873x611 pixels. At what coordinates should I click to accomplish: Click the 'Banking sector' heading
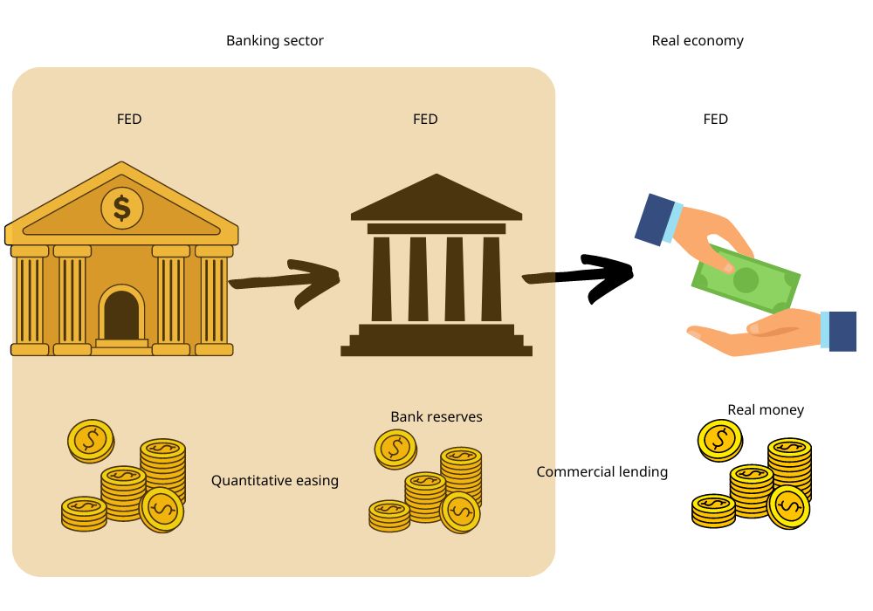275,41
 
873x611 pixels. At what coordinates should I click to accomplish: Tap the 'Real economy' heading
698,41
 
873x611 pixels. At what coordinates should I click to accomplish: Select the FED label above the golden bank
129,120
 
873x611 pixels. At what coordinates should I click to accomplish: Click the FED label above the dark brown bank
425,120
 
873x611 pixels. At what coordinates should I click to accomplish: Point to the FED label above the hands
715,120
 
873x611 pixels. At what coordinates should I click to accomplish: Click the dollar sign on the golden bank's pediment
122,208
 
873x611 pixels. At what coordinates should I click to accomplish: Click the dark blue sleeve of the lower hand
842,332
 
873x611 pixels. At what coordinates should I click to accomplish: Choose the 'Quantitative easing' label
275,481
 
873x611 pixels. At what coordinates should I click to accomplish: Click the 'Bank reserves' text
436,417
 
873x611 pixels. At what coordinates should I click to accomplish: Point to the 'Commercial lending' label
602,472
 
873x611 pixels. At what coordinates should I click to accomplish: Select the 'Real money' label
766,410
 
